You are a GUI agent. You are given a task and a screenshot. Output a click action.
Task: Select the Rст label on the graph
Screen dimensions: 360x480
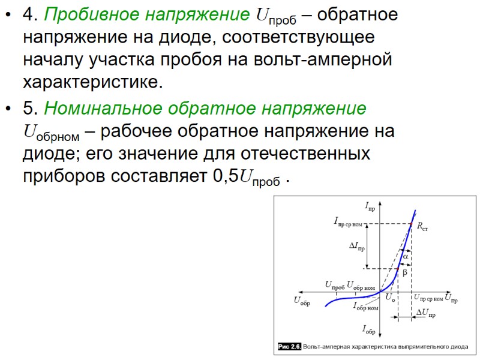pyautogui.click(x=422, y=227)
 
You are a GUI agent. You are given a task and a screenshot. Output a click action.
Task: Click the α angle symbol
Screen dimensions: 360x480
pyautogui.click(x=405, y=256)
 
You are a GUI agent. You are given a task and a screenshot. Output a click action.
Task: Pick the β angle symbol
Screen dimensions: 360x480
pyautogui.click(x=404, y=272)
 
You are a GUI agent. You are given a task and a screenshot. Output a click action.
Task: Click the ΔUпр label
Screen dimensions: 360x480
pyautogui.click(x=425, y=313)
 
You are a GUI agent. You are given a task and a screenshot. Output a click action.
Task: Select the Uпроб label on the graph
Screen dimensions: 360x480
pyautogui.click(x=334, y=284)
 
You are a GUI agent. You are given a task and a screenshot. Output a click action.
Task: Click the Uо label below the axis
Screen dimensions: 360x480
pyautogui.click(x=390, y=298)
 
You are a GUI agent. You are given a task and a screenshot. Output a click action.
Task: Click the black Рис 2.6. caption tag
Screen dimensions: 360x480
pyautogui.click(x=289, y=347)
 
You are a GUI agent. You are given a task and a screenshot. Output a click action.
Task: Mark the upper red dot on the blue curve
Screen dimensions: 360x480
pyautogui.click(x=411, y=224)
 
